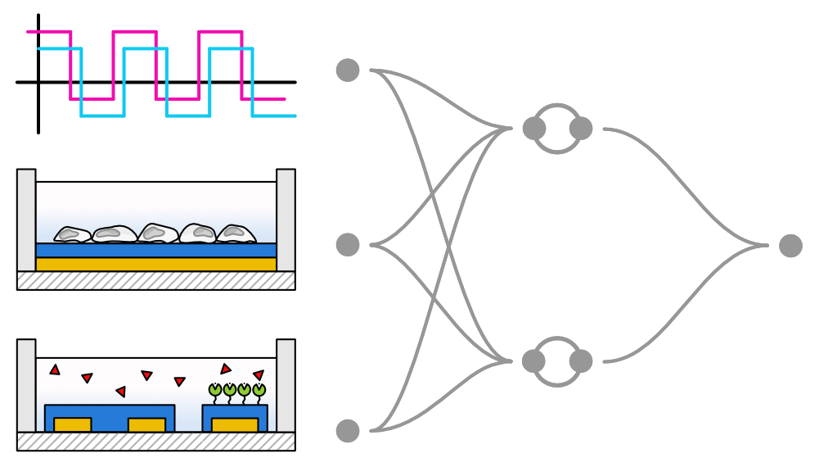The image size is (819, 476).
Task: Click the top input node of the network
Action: click(348, 70)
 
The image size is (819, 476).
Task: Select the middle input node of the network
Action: click(348, 244)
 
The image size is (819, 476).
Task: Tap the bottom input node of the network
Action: click(348, 430)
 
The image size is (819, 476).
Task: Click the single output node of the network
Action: click(790, 246)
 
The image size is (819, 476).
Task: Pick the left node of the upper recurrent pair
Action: click(533, 128)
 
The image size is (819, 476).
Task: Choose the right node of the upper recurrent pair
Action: click(581, 128)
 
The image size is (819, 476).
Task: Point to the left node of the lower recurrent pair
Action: click(533, 361)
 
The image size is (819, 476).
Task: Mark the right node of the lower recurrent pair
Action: click(581, 361)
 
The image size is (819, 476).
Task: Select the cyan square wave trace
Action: click(145, 49)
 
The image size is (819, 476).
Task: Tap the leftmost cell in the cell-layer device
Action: click(72, 235)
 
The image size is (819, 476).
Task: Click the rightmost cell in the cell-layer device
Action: click(236, 233)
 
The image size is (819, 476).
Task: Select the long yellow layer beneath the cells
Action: click(155, 265)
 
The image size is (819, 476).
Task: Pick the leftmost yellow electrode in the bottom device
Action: click(72, 424)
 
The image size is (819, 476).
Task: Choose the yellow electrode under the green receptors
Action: click(235, 424)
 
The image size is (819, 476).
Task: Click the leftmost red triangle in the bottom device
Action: click(55, 370)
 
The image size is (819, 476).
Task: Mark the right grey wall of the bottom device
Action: click(286, 385)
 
